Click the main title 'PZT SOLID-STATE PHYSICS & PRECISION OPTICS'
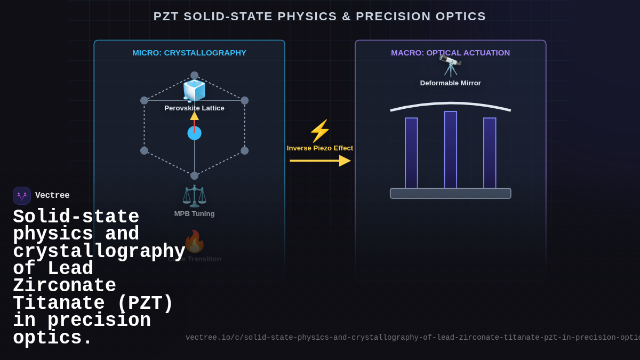tap(319, 17)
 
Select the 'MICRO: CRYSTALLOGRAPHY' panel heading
tap(189, 53)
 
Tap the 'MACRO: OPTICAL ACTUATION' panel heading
tap(450, 53)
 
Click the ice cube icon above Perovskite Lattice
tap(194, 91)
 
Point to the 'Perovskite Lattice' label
tap(194, 108)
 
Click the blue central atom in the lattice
tap(194, 133)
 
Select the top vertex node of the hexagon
tap(194, 76)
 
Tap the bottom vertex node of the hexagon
tap(194, 175)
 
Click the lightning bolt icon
tap(319, 131)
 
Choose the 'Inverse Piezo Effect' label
tap(319, 148)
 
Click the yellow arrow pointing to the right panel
tap(319, 161)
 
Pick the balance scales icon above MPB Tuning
tap(194, 196)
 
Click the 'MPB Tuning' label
tap(194, 214)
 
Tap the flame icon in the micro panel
tap(194, 242)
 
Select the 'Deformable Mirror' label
tap(450, 83)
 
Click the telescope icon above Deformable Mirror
tap(451, 66)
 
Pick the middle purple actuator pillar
tap(451, 150)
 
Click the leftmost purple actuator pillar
tap(411, 153)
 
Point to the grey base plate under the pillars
tap(450, 194)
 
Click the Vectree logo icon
tap(22, 196)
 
